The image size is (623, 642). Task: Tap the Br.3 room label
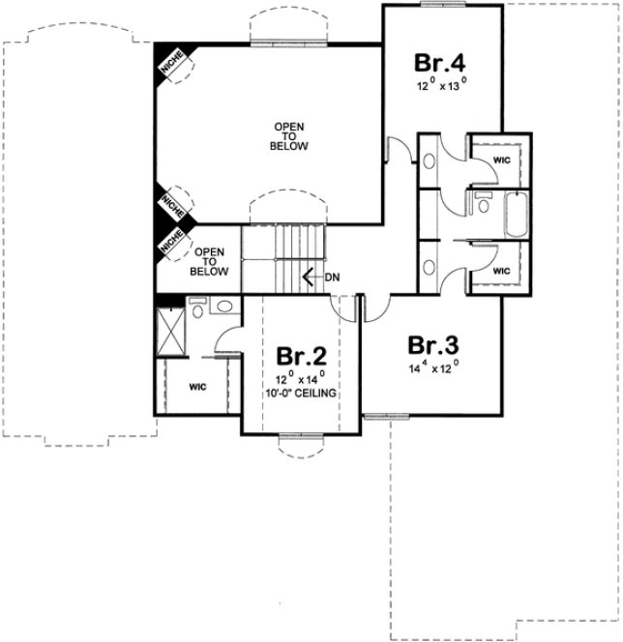[432, 346]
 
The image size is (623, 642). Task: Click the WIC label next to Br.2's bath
[197, 387]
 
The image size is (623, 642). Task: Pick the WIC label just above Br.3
[501, 272]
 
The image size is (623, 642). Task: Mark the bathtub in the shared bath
[513, 215]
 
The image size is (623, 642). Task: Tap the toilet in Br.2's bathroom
[197, 309]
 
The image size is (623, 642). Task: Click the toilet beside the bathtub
[481, 205]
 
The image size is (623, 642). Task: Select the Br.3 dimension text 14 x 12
[432, 368]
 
